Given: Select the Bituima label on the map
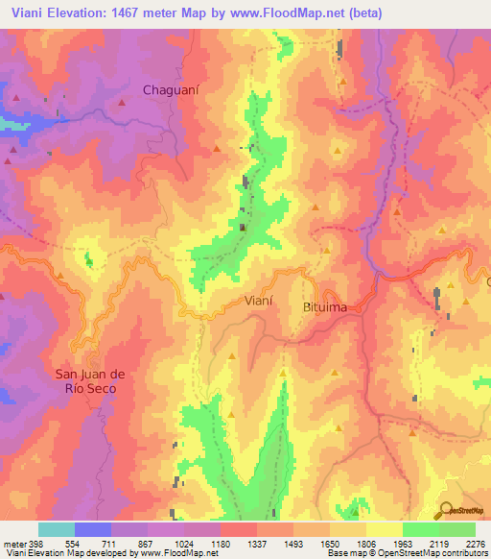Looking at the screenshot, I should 326,306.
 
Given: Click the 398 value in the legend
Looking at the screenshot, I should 35,543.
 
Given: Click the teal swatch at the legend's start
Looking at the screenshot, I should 56,529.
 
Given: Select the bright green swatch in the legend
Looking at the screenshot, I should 420,529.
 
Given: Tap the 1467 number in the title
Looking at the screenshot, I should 149,13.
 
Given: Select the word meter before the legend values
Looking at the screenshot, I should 12,543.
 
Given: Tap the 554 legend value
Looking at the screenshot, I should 72,543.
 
